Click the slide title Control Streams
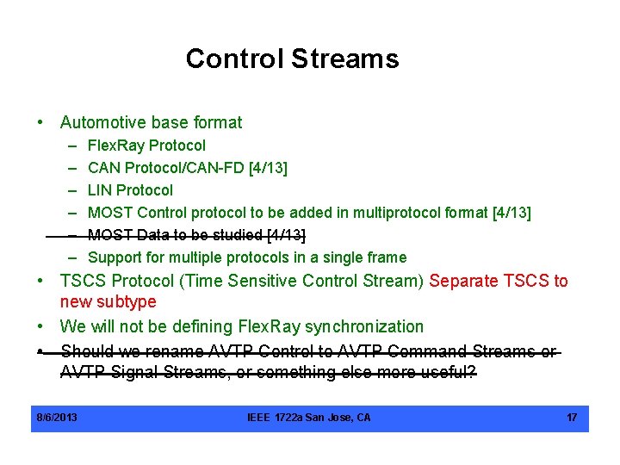(x=292, y=59)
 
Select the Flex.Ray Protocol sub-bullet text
(x=146, y=146)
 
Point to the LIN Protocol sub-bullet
(x=130, y=190)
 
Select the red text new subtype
(x=108, y=302)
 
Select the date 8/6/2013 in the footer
(x=57, y=418)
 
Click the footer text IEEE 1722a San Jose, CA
(x=309, y=418)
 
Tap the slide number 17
(x=572, y=418)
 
